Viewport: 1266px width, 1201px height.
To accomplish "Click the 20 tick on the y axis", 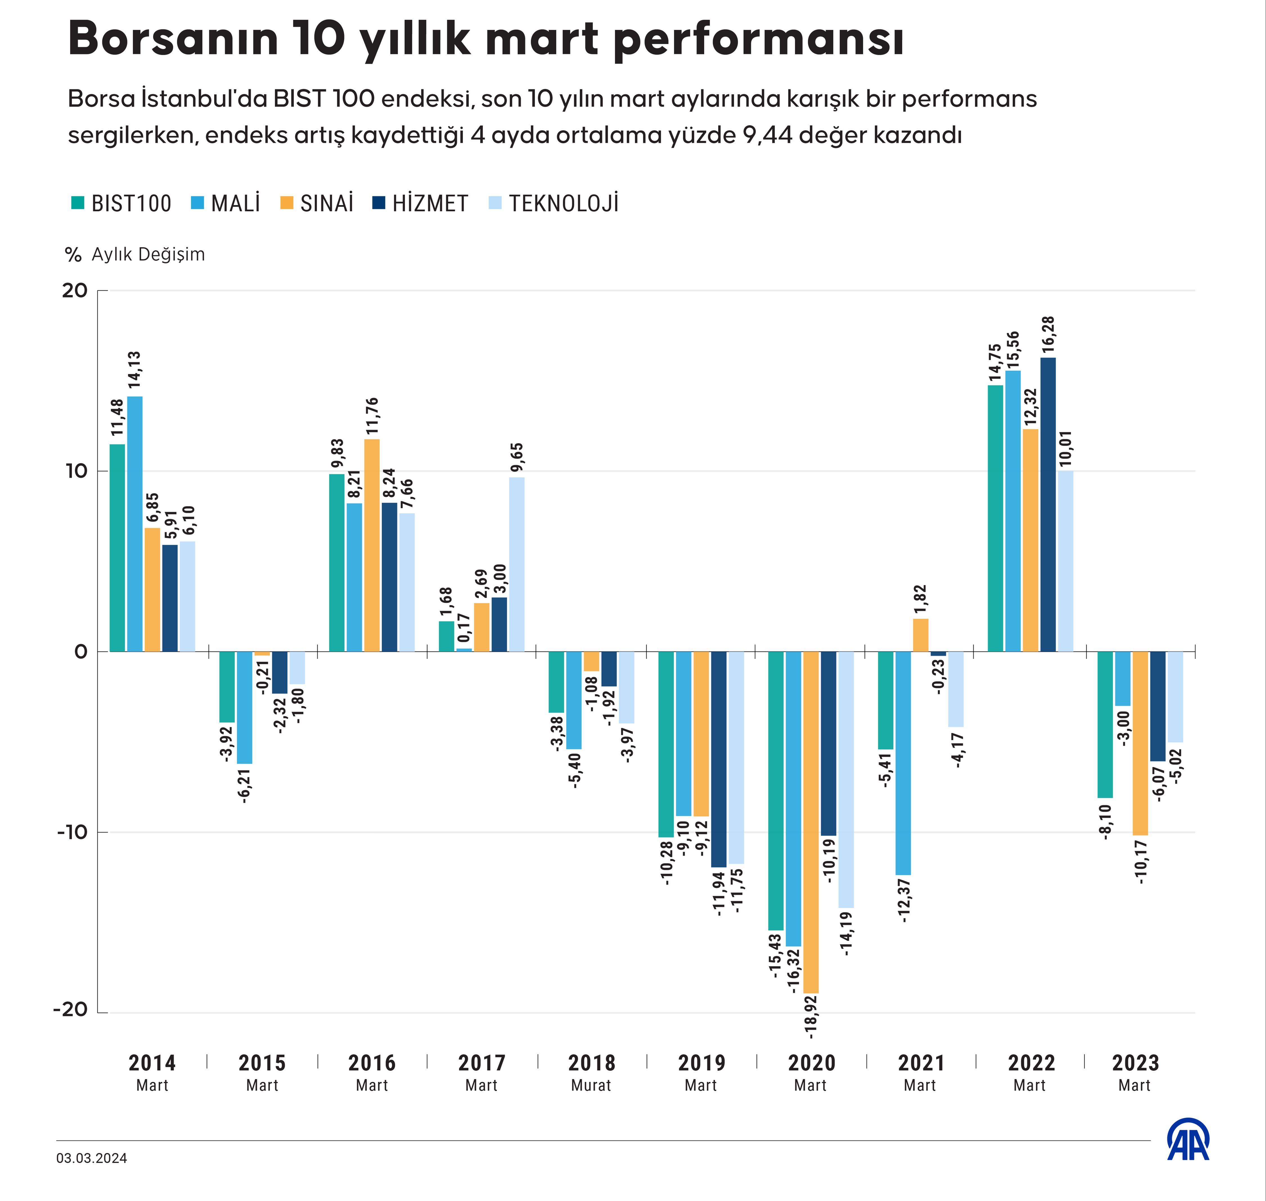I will tap(74, 291).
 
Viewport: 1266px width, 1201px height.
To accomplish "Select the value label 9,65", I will tap(517, 458).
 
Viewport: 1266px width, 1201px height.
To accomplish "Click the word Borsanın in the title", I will tap(173, 39).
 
